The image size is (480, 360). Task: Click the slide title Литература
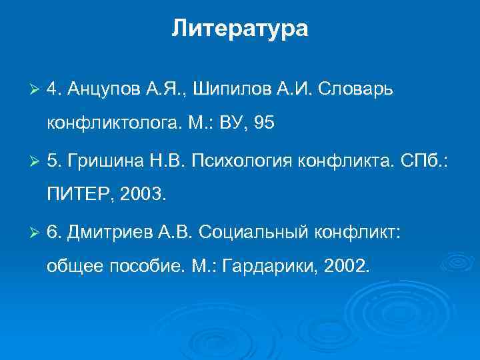(240, 29)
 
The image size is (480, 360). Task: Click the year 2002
(346, 265)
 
